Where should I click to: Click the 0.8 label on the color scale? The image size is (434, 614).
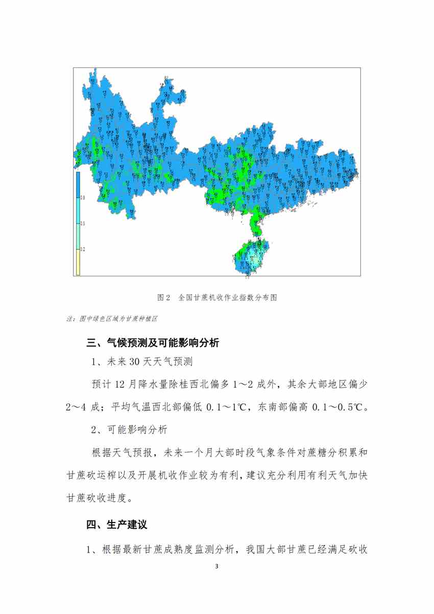[x=83, y=198]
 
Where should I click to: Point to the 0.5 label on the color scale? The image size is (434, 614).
[x=83, y=224]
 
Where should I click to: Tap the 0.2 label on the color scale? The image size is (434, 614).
[x=83, y=249]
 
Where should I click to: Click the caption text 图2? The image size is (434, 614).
[x=163, y=297]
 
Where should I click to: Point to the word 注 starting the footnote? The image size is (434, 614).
[x=69, y=318]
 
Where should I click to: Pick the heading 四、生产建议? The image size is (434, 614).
[x=117, y=525]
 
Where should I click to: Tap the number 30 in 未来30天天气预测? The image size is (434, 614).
[x=135, y=362]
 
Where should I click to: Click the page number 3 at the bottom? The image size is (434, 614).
[x=217, y=567]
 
